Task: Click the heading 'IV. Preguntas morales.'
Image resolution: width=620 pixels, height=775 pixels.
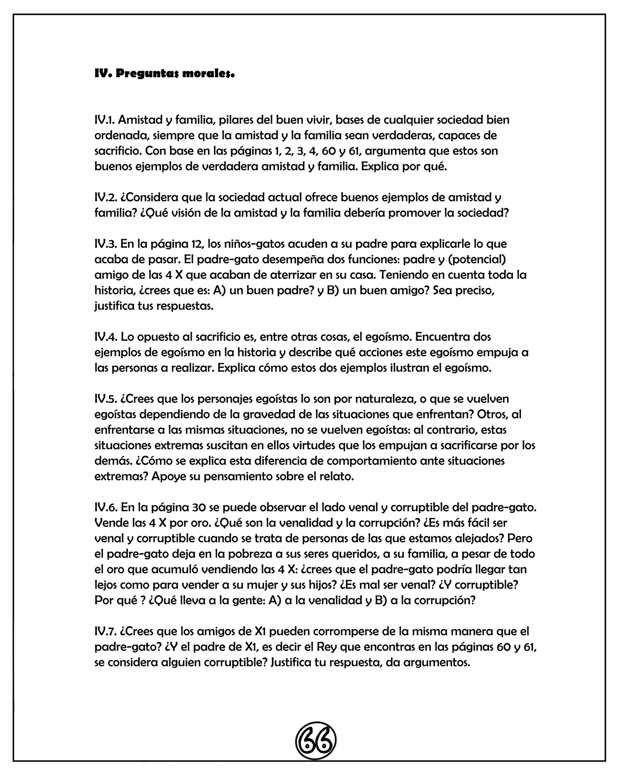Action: pos(164,73)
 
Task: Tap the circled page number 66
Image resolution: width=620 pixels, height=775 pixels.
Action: pos(316,740)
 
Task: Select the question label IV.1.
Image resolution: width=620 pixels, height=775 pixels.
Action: pos(104,120)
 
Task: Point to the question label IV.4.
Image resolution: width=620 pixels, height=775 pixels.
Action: pos(105,336)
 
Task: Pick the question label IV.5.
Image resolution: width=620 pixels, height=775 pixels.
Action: pos(105,399)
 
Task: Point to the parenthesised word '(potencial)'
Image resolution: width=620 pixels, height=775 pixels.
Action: pos(484,260)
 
